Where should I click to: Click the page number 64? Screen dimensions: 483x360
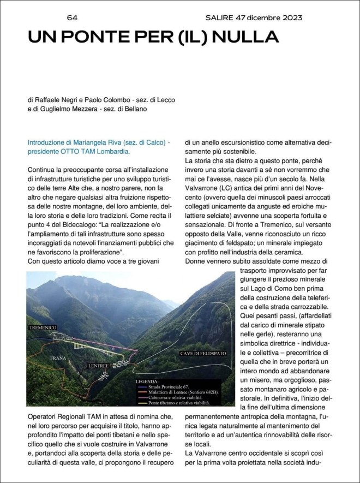pos(72,18)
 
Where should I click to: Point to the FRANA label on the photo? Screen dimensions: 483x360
pos(58,357)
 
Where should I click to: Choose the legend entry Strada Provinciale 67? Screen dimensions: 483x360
pos(169,386)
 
